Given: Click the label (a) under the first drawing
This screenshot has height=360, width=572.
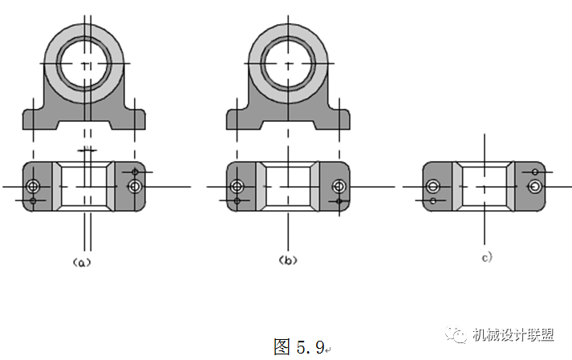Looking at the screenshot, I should pyautogui.click(x=83, y=261).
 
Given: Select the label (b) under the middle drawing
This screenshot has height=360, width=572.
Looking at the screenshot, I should pyautogui.click(x=288, y=260).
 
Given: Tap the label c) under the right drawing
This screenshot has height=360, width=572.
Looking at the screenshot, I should pyautogui.click(x=486, y=257).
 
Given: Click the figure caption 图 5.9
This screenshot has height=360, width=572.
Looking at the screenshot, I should pyautogui.click(x=298, y=346).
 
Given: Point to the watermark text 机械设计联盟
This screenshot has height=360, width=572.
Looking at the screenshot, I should pyautogui.click(x=513, y=335).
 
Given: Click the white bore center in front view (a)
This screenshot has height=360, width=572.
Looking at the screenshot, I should pyautogui.click(x=87, y=63).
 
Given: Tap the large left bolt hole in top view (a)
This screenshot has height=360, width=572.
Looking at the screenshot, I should pyautogui.click(x=33, y=186).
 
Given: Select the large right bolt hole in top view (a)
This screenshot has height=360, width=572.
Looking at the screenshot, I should pyautogui.click(x=134, y=186).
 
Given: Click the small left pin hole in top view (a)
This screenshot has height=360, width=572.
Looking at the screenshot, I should pyautogui.click(x=33, y=200).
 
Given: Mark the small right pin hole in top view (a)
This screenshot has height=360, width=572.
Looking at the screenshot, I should pyautogui.click(x=134, y=172).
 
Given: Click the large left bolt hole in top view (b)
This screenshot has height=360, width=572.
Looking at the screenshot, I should pyautogui.click(x=237, y=186).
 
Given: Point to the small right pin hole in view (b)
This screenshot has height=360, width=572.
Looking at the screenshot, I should pyautogui.click(x=339, y=200).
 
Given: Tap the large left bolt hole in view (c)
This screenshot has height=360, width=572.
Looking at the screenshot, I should pyautogui.click(x=433, y=186).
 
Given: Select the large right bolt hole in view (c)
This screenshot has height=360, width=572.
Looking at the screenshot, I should pyautogui.click(x=535, y=186).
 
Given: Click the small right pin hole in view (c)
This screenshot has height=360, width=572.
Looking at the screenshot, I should pyautogui.click(x=535, y=172).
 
